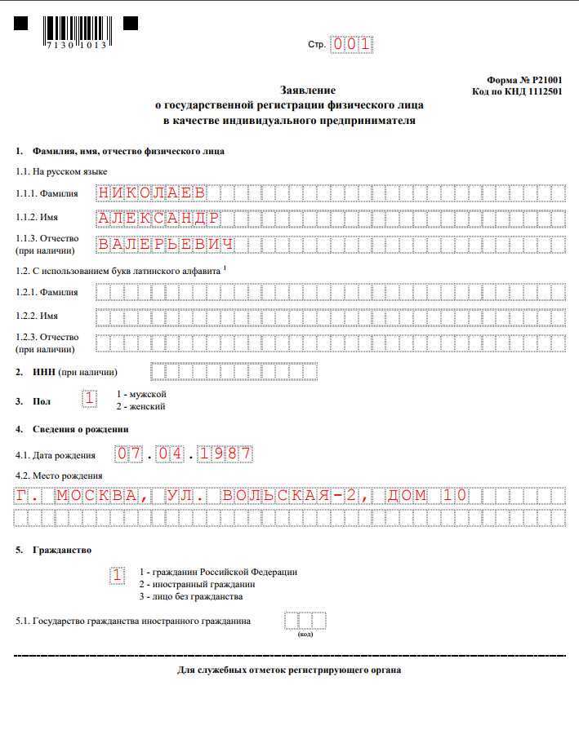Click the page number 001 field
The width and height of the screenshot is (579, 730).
[x=351, y=45]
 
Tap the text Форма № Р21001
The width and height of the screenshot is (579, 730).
[x=523, y=81]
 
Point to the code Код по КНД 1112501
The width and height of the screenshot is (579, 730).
[x=517, y=92]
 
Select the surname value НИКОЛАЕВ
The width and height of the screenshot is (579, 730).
[x=151, y=193]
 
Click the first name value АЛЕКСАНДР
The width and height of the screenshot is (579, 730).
[x=158, y=219]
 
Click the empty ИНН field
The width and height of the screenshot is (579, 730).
[x=234, y=372]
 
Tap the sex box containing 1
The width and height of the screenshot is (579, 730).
[x=90, y=399]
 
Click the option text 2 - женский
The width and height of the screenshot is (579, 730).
[x=141, y=405]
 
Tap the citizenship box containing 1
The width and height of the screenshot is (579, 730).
[x=118, y=575]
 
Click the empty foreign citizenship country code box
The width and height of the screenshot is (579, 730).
[x=305, y=621]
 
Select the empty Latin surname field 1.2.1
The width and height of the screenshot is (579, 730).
[x=330, y=292]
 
